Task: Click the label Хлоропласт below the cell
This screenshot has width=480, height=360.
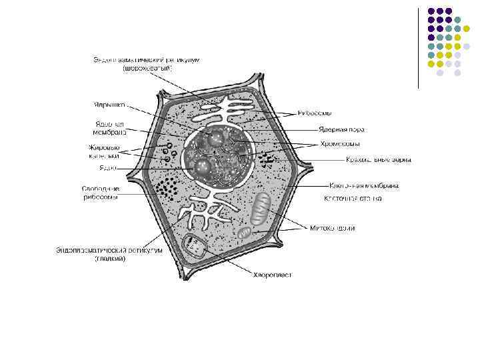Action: [x=272, y=274]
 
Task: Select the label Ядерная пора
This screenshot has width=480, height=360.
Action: [x=341, y=129]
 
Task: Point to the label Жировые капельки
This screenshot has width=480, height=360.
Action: [x=104, y=151]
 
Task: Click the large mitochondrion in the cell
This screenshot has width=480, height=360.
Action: [x=261, y=209]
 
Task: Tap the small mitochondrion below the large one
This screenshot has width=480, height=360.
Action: [x=245, y=233]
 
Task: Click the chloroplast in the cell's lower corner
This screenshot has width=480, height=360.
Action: [x=196, y=247]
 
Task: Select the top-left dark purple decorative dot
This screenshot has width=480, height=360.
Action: [x=431, y=11]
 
